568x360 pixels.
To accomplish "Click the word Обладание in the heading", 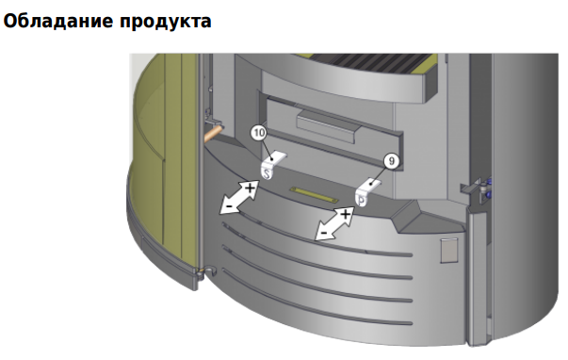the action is (58, 21).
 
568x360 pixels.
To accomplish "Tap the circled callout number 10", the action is (259, 133).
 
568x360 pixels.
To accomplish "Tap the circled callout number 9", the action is (391, 161).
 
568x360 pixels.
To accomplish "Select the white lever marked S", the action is (271, 165).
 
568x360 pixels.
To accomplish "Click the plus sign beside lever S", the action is (250, 188).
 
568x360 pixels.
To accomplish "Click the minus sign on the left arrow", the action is (230, 206).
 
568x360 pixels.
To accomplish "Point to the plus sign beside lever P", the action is (346, 215).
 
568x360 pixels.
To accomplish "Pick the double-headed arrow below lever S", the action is (239, 198).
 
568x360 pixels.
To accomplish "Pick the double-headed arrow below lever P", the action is (334, 223).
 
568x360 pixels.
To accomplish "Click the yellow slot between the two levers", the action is (314, 195).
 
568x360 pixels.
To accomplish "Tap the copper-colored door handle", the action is (213, 133).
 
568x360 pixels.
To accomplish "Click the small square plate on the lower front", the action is (448, 250).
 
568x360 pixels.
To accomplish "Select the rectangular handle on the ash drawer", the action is (328, 126).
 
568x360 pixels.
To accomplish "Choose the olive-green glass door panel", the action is (165, 159).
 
